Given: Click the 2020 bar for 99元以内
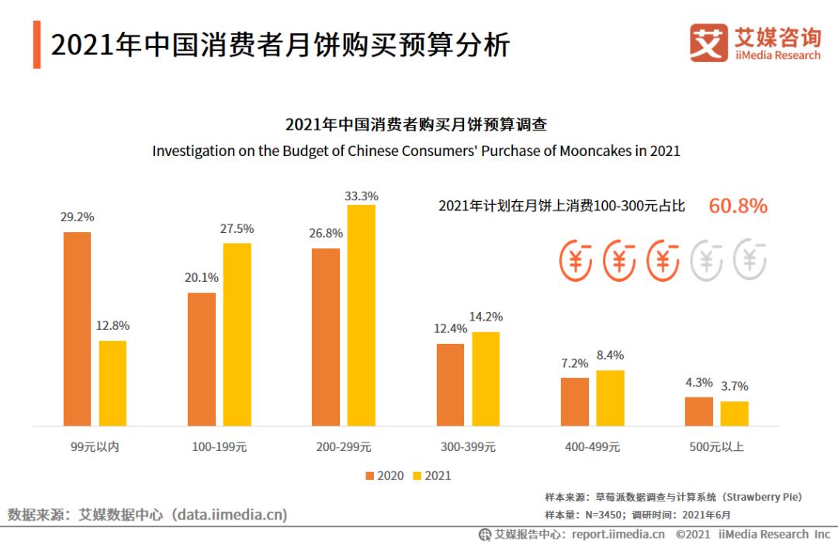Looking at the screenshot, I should (x=77, y=328).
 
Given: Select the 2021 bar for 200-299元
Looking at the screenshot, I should (x=362, y=315).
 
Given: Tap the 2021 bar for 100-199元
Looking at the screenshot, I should (x=237, y=334).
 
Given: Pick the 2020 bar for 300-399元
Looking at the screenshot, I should (x=450, y=384).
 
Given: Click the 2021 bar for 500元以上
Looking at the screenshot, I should (x=734, y=413).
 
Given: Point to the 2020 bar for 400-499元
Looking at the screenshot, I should (x=575, y=401).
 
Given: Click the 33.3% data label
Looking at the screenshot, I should (x=362, y=196).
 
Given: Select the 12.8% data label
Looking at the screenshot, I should (x=113, y=325).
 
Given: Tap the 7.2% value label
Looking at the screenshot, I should (x=575, y=363).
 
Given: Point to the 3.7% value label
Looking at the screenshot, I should (x=734, y=387).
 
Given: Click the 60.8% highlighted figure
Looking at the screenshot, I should (x=738, y=206).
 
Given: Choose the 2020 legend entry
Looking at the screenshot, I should (x=384, y=475).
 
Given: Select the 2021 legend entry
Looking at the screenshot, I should (x=431, y=475).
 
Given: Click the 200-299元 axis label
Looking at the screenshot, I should (x=343, y=447).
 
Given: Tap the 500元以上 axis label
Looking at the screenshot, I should (x=716, y=447).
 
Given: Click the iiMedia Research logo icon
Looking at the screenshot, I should (x=708, y=43).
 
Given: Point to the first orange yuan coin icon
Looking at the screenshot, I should (x=577, y=259).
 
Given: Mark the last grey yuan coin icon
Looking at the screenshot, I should (x=750, y=259).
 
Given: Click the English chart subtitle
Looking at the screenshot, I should (x=416, y=151).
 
